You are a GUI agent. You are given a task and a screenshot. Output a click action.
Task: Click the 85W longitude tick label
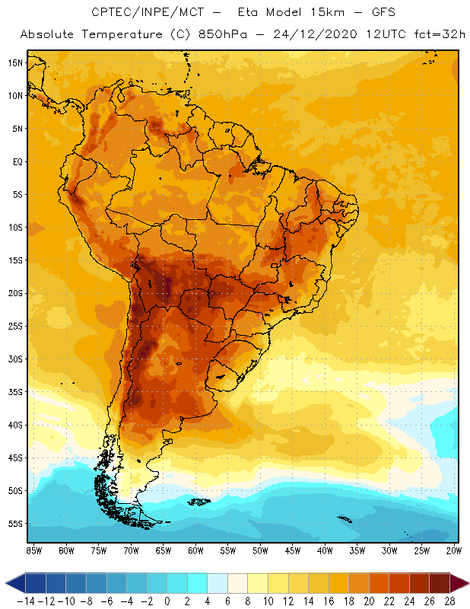(x=33, y=550)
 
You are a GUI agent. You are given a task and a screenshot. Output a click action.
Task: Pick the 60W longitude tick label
(x=195, y=550)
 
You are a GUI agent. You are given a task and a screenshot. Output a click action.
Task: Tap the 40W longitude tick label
(x=325, y=550)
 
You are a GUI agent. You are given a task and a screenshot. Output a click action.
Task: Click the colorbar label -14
(x=25, y=601)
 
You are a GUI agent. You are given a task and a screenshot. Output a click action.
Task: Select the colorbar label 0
(x=167, y=601)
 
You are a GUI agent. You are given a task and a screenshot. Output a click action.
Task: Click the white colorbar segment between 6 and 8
(x=237, y=583)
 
